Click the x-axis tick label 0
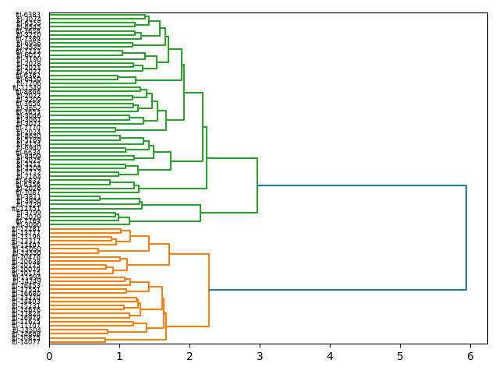point(49,356)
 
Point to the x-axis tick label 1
point(119,356)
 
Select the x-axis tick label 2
point(189,356)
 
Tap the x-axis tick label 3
point(260,356)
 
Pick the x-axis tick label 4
point(330,356)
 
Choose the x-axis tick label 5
point(400,356)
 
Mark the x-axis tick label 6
point(470,356)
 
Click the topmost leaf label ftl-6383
point(28,15)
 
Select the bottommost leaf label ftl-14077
point(27,342)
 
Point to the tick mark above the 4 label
point(330,346)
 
